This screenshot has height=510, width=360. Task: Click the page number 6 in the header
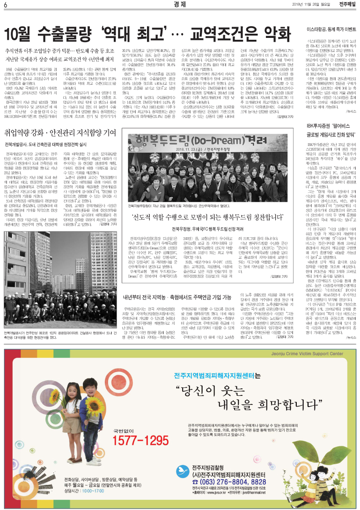[x=6, y=5]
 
